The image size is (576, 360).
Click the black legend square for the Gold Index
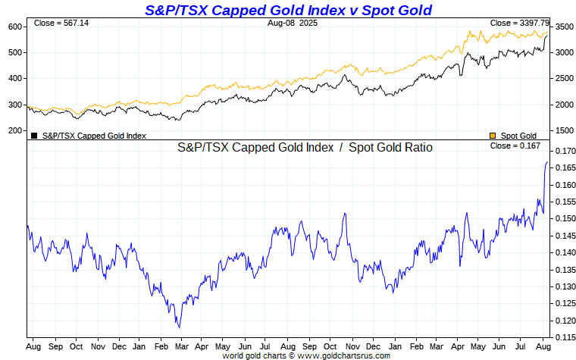pyautogui.click(x=34, y=136)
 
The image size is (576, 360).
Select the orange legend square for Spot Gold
pyautogui.click(x=493, y=136)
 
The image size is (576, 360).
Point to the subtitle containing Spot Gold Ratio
pyautogui.click(x=305, y=147)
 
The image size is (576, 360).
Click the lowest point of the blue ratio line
pyautogui.click(x=179, y=327)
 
